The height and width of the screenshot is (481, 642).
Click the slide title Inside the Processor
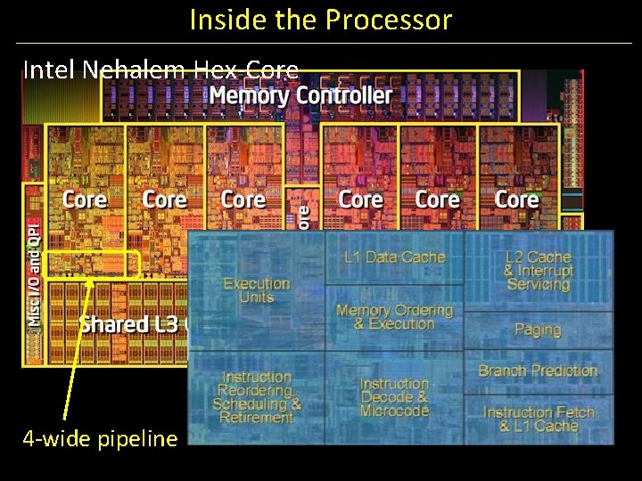[320, 20]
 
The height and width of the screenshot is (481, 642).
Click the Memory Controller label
[300, 95]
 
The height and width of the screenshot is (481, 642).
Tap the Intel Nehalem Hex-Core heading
[160, 69]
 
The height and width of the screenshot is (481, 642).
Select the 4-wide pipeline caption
[100, 438]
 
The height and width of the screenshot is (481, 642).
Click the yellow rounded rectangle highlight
[91, 265]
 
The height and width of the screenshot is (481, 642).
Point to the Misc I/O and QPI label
[33, 271]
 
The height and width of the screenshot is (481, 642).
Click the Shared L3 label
[125, 323]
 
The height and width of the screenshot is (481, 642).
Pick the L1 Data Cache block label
[394, 257]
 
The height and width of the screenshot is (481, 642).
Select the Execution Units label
[256, 290]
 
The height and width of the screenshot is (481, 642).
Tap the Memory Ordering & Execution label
[394, 316]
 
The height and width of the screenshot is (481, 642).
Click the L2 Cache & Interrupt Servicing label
[538, 271]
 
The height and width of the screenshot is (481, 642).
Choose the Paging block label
[538, 330]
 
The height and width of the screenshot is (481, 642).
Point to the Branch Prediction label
[538, 371]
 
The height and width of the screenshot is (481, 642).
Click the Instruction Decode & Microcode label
[394, 397]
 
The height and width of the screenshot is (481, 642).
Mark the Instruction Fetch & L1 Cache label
[538, 419]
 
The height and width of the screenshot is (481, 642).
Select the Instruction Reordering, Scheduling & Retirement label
[256, 397]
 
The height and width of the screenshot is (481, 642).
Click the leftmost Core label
[85, 199]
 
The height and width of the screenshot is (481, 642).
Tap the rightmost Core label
[516, 199]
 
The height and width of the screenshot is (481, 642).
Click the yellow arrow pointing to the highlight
[77, 347]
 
